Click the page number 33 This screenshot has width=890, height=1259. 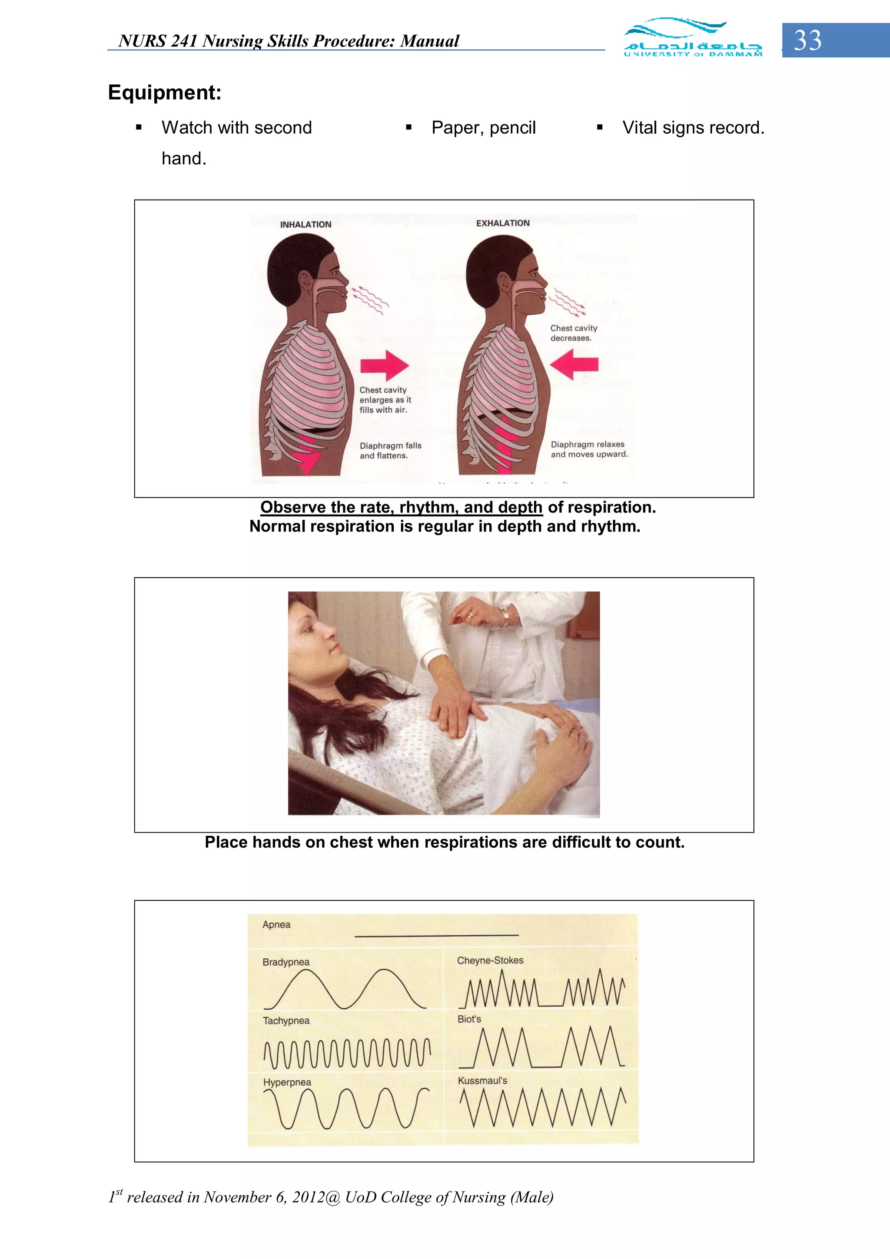[808, 40]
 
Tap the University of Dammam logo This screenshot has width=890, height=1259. [693, 37]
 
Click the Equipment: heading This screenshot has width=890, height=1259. [165, 92]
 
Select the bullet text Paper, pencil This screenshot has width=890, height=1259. [483, 128]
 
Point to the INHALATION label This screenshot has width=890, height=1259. [306, 224]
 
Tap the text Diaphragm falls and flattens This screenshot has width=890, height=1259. [390, 451]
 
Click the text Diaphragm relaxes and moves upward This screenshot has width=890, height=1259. [589, 449]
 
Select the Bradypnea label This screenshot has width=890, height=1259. [286, 962]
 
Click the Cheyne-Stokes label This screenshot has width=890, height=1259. [490, 960]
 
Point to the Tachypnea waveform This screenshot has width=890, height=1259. [346, 1053]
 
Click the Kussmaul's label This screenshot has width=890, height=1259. [482, 1080]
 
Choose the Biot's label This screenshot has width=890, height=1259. [469, 1019]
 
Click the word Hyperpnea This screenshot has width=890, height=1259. [287, 1082]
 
